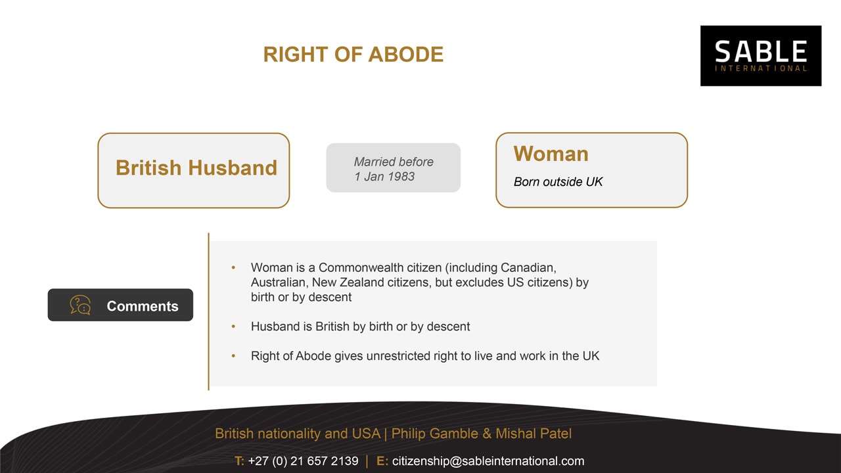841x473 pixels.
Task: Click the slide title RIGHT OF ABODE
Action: pos(353,55)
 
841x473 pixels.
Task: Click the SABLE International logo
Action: pos(761,56)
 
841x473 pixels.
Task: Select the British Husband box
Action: pos(194,170)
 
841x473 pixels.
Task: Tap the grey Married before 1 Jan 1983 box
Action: pos(393,168)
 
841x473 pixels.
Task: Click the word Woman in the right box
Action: pos(551,154)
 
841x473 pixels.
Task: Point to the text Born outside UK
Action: pos(558,182)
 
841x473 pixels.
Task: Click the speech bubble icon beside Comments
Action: pos(80,305)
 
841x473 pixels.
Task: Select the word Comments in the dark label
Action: pos(143,306)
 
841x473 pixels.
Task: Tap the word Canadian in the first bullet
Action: pos(528,267)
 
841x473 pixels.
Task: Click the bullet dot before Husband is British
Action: pos(233,327)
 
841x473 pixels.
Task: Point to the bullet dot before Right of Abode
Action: pos(233,356)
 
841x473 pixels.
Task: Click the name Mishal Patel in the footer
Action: pos(534,434)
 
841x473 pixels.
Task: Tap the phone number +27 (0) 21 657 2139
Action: pos(303,461)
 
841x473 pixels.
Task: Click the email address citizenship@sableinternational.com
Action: pos(488,461)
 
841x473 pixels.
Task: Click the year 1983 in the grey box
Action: pos(401,177)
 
